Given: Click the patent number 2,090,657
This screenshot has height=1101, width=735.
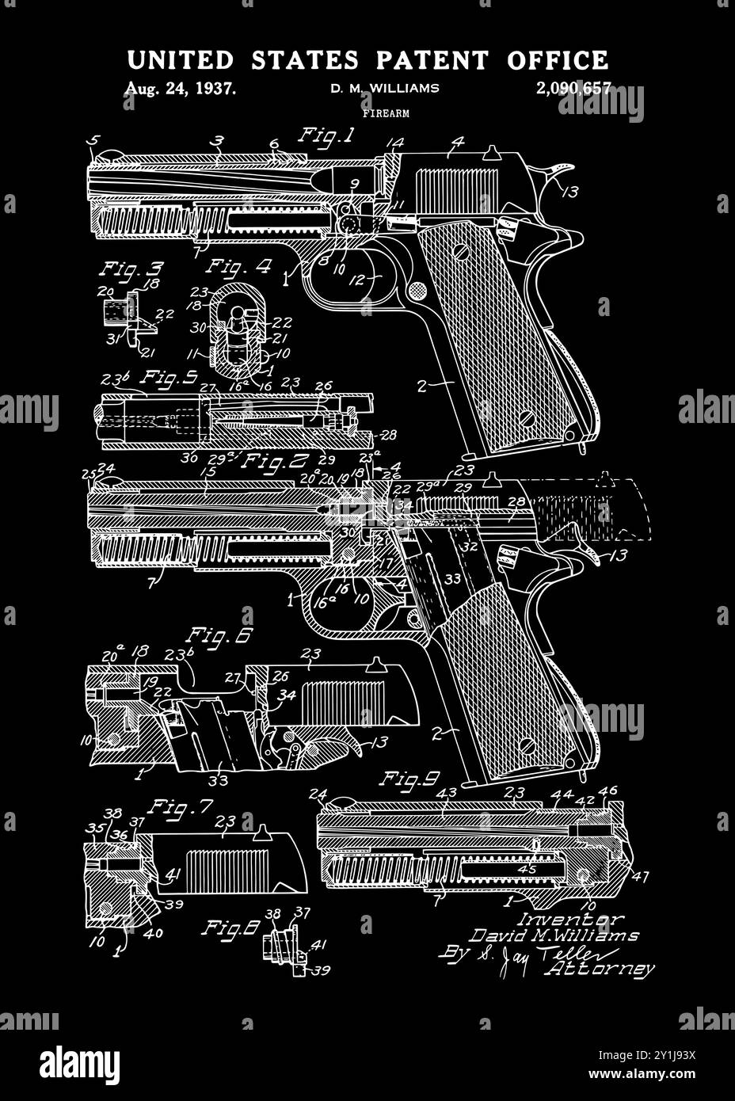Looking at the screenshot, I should (573, 89).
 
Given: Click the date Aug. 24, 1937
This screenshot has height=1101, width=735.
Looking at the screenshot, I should (180, 89).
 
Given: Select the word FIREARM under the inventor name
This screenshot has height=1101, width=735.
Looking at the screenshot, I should (386, 114).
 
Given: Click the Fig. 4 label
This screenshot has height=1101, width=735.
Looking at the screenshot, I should (239, 268).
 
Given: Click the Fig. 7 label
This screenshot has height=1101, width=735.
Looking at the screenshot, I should (182, 808).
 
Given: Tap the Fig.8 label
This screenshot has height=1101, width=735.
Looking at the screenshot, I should (230, 928).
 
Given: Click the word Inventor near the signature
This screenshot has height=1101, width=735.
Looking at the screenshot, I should (569, 919).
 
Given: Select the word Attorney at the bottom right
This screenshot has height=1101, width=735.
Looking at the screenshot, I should (600, 968).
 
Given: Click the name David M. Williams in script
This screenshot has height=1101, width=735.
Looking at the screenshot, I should (553, 935).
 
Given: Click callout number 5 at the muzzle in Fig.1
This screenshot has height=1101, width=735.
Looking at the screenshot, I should (94, 141).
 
